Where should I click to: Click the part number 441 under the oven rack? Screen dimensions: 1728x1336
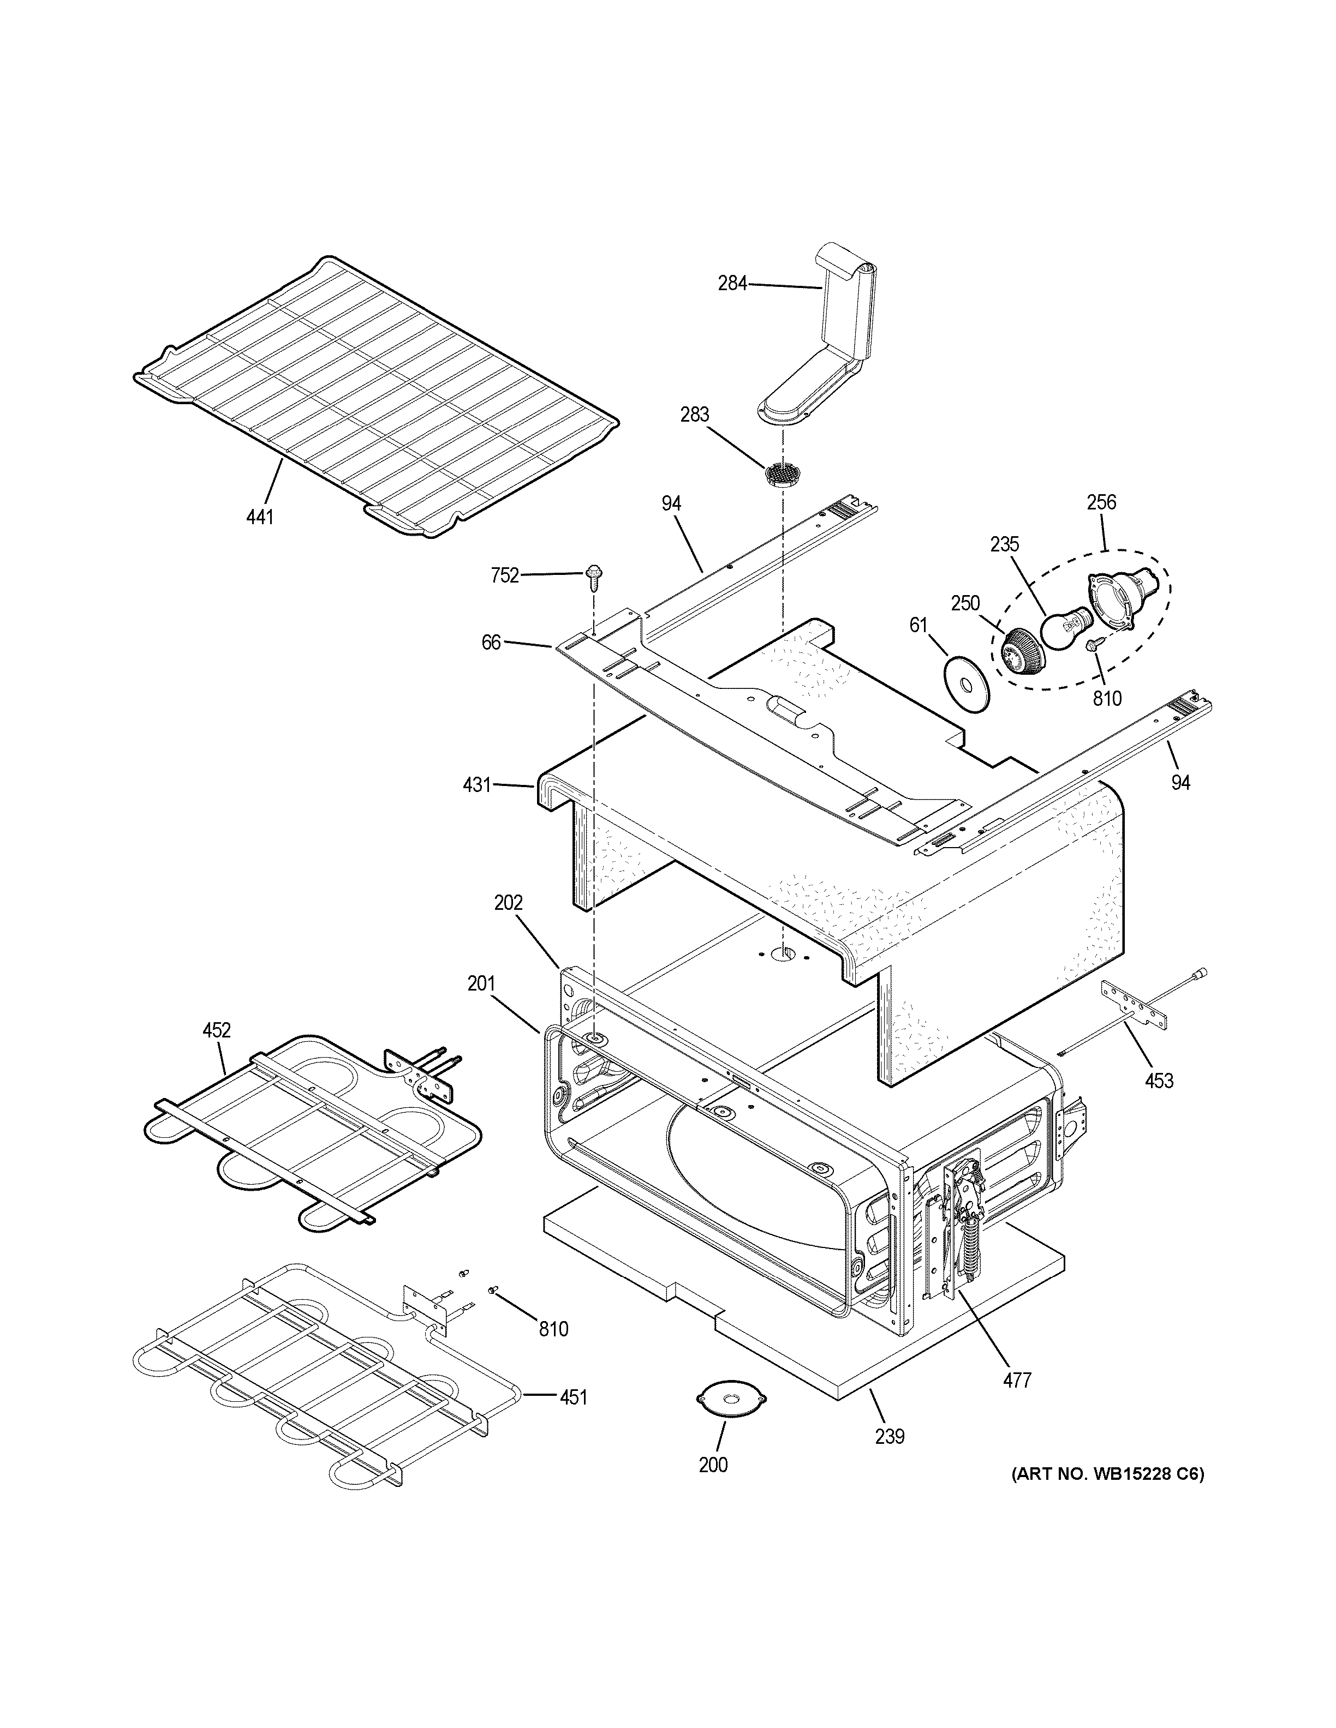point(260,518)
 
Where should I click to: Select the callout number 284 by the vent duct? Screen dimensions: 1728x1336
point(732,283)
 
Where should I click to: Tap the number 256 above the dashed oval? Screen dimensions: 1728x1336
point(1101,502)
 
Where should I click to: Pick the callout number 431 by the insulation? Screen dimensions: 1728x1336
point(476,785)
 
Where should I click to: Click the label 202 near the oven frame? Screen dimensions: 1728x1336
point(509,902)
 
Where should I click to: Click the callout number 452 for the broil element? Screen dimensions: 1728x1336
point(216,1030)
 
